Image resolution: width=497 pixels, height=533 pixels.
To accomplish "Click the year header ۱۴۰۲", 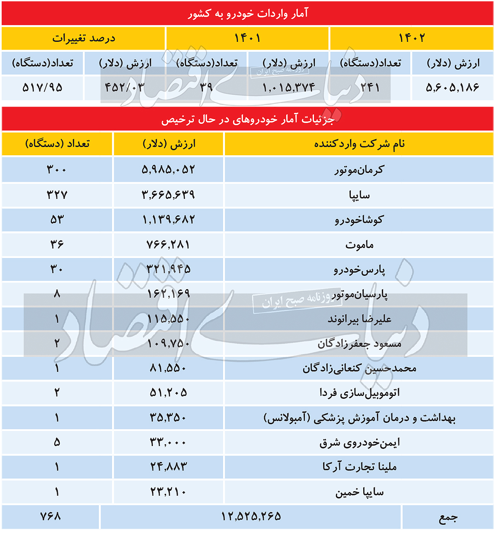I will pos(412,38).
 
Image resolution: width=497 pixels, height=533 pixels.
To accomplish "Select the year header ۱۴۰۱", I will pos(247,38).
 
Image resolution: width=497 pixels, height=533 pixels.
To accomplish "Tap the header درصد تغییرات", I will pos(84,38).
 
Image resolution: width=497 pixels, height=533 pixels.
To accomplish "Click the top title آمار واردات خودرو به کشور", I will pos(248,14).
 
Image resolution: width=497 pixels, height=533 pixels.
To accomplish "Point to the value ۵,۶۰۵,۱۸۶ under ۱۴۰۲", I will pos(452,87).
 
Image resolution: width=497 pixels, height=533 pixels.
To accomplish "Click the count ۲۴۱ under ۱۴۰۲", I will pos(370,87).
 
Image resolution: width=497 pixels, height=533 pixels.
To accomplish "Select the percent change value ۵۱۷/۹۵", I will pos(42,87).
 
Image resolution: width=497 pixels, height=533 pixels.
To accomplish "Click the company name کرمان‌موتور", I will pos(359,169).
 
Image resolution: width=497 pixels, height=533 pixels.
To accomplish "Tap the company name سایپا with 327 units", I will pos(359,195).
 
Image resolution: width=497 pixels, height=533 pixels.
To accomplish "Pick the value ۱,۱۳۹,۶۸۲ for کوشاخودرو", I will pos(169,219).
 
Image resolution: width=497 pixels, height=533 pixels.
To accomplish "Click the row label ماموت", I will pos(359,244).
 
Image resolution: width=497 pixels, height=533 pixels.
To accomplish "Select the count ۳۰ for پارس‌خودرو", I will pos(57,269).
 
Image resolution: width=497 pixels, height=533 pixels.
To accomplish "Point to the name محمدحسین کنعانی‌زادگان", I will pos(359,368).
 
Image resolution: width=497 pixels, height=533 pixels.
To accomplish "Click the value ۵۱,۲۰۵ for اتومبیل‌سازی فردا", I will pos(169,393).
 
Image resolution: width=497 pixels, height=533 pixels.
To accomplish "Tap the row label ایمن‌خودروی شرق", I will pos(359,443).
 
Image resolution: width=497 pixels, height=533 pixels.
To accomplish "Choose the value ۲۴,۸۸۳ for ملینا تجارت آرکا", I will pos(169,467).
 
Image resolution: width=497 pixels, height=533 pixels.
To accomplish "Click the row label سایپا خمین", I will pos(359,492).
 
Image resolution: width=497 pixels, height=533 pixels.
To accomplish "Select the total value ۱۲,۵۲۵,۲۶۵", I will pos(251,516).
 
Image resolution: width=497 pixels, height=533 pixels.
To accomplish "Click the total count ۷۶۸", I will pos(51,516).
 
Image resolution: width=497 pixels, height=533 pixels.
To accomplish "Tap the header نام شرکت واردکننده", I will pos(359,144).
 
